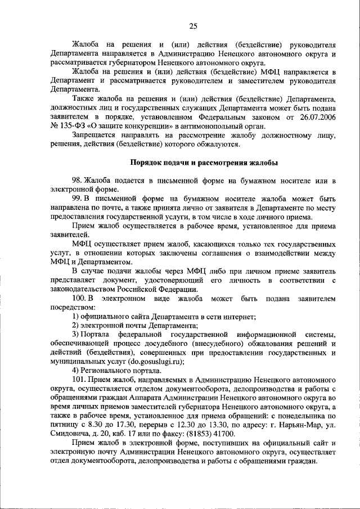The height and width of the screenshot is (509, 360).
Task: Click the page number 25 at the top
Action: (x=192, y=26)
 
